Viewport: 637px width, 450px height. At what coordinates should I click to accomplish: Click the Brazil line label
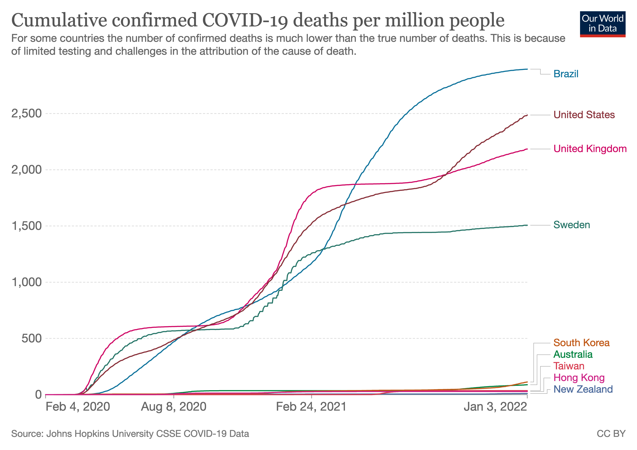pyautogui.click(x=566, y=74)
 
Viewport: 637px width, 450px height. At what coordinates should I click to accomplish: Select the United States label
pyautogui.click(x=584, y=115)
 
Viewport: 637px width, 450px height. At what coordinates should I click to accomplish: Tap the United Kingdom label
pyautogui.click(x=590, y=149)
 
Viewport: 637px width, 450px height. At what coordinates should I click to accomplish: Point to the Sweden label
pyautogui.click(x=572, y=225)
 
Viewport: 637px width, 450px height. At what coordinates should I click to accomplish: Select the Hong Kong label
pyautogui.click(x=579, y=378)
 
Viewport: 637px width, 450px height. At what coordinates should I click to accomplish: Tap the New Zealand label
pyautogui.click(x=583, y=389)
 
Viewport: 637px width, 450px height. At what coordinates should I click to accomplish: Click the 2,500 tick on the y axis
pyautogui.click(x=26, y=114)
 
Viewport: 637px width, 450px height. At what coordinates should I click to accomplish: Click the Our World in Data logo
pyautogui.click(x=603, y=24)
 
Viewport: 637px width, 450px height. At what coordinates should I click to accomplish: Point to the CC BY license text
pyautogui.click(x=611, y=434)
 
